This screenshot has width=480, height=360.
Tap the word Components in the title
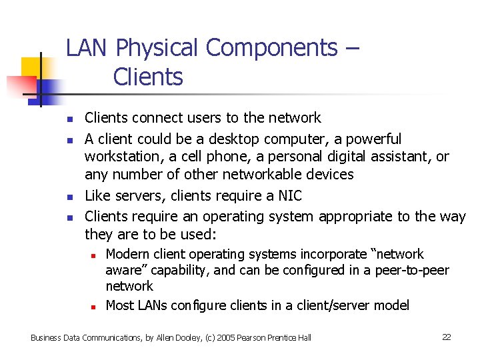pyautogui.click(x=272, y=49)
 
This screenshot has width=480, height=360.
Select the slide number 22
pyautogui.click(x=447, y=337)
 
